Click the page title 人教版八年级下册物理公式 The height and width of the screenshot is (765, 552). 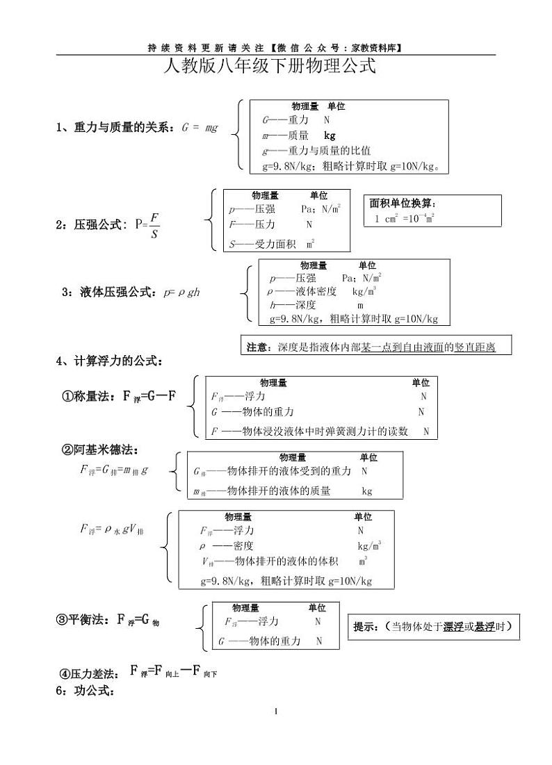pyautogui.click(x=268, y=67)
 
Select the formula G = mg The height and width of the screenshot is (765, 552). pyautogui.click(x=200, y=128)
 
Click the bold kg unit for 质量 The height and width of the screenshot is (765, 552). pyautogui.click(x=330, y=136)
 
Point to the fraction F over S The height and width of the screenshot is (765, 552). pyautogui.click(x=154, y=224)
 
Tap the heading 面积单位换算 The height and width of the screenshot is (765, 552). pyautogui.click(x=403, y=204)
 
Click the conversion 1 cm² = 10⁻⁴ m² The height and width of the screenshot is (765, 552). pyautogui.click(x=405, y=218)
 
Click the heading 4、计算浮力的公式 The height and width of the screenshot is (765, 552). pyautogui.click(x=109, y=361)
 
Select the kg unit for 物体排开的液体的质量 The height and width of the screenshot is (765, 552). pyautogui.click(x=367, y=491)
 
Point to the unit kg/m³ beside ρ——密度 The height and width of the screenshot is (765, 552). pyautogui.click(x=369, y=546)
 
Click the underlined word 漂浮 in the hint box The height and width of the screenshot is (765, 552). pyautogui.click(x=454, y=627)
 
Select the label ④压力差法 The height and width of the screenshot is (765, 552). pyautogui.click(x=86, y=673)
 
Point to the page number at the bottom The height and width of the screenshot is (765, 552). pyautogui.click(x=276, y=711)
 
